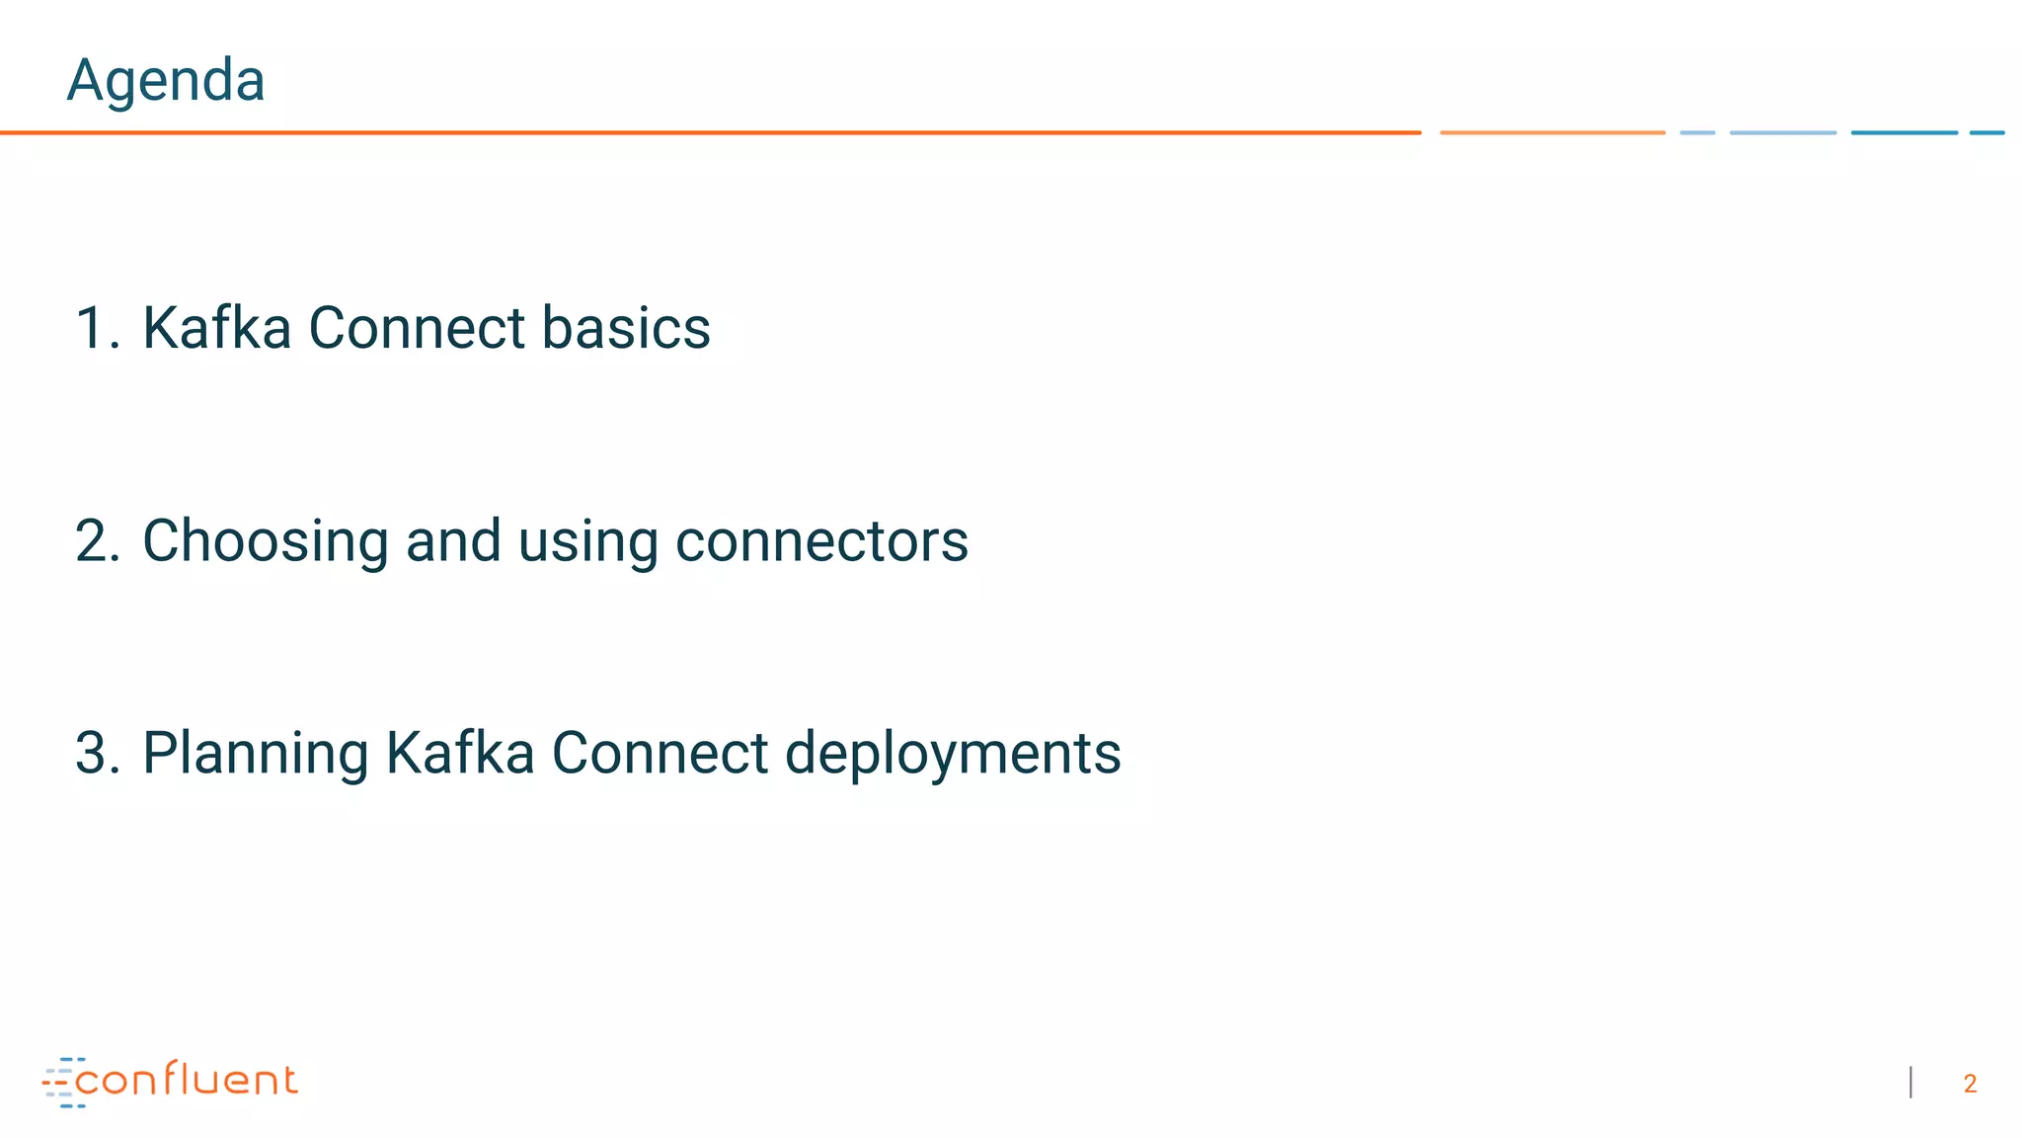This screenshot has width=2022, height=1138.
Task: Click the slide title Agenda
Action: pyautogui.click(x=166, y=80)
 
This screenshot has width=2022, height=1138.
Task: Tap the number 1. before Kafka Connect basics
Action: pyautogui.click(x=97, y=328)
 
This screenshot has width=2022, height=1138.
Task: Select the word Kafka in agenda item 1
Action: pyautogui.click(x=216, y=328)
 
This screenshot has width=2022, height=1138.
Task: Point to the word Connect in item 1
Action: pyautogui.click(x=417, y=328)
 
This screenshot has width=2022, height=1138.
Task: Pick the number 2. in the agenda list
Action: pyautogui.click(x=97, y=541)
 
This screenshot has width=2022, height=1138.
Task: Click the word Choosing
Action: pyautogui.click(x=265, y=541)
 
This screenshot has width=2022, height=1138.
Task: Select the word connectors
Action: pyautogui.click(x=821, y=541)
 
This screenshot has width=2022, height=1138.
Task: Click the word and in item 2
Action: pyautogui.click(x=453, y=541)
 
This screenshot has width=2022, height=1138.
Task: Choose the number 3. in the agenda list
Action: pyautogui.click(x=97, y=754)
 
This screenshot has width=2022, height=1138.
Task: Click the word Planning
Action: pyautogui.click(x=255, y=754)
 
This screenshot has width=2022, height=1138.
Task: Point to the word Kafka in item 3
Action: pyautogui.click(x=459, y=754)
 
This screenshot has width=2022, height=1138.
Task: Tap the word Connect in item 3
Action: pyautogui.click(x=660, y=754)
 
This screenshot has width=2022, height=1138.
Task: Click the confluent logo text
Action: pyautogui.click(x=186, y=1081)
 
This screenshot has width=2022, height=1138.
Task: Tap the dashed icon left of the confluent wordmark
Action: pyautogui.click(x=61, y=1083)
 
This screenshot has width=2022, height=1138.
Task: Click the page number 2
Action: pyautogui.click(x=1970, y=1085)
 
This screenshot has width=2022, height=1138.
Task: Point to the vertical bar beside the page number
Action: pyautogui.click(x=1911, y=1083)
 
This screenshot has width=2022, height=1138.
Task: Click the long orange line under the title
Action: pyautogui.click(x=711, y=132)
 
